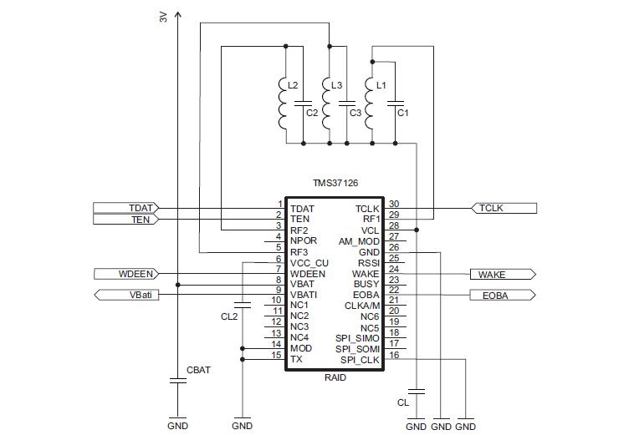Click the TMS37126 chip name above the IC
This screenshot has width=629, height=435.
tap(335, 183)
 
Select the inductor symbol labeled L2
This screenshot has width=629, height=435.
tap(284, 104)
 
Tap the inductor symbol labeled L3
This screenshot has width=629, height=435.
tap(326, 104)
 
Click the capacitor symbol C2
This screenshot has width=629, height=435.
tap(304, 104)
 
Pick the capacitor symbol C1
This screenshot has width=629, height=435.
tap(395, 104)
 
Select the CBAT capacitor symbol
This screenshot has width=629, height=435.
tap(177, 380)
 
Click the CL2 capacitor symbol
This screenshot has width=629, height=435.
tap(243, 305)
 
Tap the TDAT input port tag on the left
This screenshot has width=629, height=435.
tap(126, 208)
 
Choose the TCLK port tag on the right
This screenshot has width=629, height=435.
tap(504, 208)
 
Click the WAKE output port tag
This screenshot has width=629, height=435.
tap(503, 275)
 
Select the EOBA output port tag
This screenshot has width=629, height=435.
tap(503, 296)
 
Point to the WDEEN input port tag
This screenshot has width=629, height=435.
tap(126, 274)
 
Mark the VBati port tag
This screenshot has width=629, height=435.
tap(126, 295)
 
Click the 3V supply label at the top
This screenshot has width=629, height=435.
tap(163, 17)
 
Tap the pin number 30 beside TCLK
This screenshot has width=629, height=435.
tap(394, 204)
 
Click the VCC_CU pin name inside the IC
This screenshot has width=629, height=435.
tap(309, 263)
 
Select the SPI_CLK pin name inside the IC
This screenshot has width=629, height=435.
tap(360, 360)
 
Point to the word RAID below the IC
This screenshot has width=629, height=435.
tap(335, 377)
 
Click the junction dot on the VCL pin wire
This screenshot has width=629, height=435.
tap(417, 230)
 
